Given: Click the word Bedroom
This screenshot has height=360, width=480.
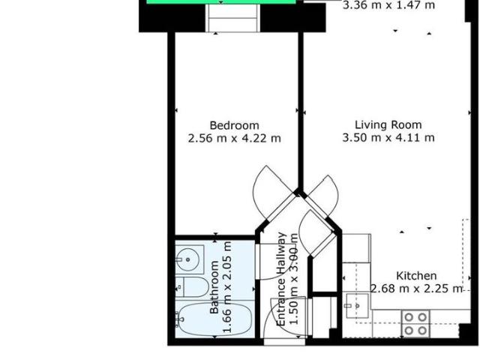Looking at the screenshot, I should click(234, 125).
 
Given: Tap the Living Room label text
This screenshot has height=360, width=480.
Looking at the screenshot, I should click(388, 125).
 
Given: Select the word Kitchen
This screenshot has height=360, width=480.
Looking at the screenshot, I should click(416, 276).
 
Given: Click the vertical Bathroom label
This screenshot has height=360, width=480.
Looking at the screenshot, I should click(216, 286).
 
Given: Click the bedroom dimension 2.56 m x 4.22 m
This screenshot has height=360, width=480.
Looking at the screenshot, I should click(234, 138).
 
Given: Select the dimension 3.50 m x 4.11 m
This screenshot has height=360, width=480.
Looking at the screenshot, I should click(388, 138).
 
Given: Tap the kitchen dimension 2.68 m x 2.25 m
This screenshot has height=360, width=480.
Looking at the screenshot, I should click(417, 289).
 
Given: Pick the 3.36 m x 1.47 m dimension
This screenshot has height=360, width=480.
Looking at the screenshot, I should click(388, 6).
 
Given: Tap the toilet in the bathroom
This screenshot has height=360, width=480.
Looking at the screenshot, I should click(188, 286).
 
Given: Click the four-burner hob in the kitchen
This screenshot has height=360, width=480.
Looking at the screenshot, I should click(415, 323).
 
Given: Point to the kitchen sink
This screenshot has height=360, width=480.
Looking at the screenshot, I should click(356, 306).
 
